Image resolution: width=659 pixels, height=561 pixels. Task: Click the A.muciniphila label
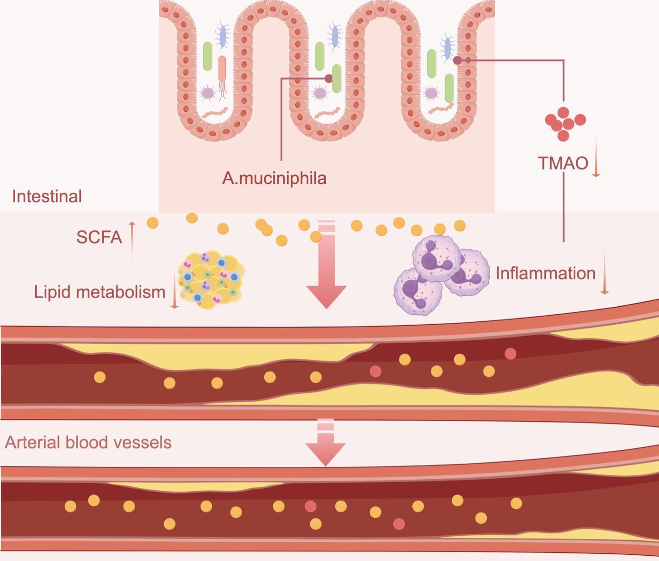point(274,178)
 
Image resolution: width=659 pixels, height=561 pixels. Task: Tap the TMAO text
point(563,163)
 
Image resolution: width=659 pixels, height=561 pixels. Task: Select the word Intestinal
point(47,196)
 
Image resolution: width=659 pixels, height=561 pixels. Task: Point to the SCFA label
point(99,237)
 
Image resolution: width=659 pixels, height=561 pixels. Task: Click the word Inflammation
point(545,273)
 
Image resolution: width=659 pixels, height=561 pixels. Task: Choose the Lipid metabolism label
point(99,292)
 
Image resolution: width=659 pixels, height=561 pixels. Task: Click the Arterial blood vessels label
point(88,443)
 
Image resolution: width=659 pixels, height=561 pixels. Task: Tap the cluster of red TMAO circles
point(565,124)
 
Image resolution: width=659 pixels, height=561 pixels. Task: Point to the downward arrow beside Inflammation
point(604,268)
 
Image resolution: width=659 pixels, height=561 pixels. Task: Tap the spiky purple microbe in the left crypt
point(207,93)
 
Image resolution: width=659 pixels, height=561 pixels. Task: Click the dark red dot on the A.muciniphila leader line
point(329,78)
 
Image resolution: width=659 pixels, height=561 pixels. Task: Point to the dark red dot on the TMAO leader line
point(457,60)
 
